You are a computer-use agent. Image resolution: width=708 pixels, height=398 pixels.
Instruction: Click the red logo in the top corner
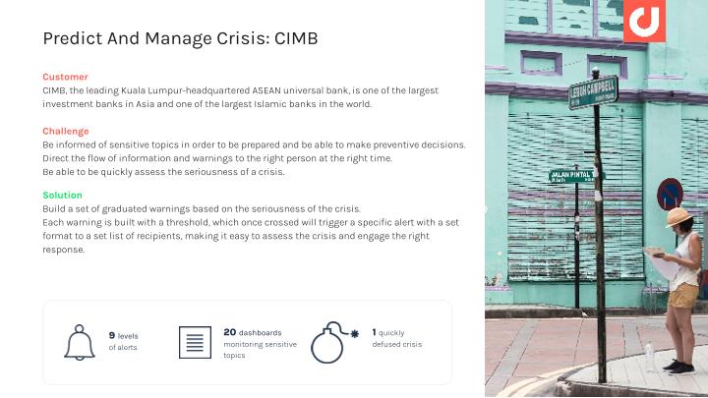click(x=644, y=21)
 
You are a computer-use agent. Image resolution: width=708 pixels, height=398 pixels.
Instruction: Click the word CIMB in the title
click(x=296, y=38)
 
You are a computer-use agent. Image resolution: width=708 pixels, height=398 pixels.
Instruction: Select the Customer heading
click(x=66, y=77)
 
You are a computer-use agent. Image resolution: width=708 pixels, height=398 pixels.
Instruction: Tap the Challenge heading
click(x=66, y=132)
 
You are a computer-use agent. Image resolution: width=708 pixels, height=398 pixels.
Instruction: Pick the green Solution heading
click(x=63, y=195)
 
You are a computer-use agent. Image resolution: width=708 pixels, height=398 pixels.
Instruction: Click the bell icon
click(x=80, y=343)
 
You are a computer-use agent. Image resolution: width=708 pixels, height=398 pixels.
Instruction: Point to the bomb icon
click(x=334, y=343)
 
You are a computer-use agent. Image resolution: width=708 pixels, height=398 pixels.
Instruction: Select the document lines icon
click(x=195, y=343)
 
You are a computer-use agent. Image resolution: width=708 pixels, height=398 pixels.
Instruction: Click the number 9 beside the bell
click(x=112, y=335)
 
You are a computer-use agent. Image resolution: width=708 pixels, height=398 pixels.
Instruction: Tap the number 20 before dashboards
click(x=230, y=332)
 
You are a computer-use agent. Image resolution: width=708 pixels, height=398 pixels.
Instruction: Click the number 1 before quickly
click(x=374, y=332)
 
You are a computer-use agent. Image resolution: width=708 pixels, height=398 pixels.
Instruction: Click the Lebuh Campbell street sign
click(x=593, y=92)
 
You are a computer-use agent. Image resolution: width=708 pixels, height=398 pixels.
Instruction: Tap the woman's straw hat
click(x=678, y=216)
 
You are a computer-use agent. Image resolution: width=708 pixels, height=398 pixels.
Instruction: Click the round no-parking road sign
click(x=670, y=194)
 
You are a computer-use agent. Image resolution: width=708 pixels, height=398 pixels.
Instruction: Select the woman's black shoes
click(x=679, y=367)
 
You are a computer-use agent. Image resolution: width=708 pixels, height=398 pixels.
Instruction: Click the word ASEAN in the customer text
click(x=266, y=90)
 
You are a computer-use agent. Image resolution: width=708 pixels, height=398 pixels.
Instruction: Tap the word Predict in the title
click(x=73, y=38)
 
